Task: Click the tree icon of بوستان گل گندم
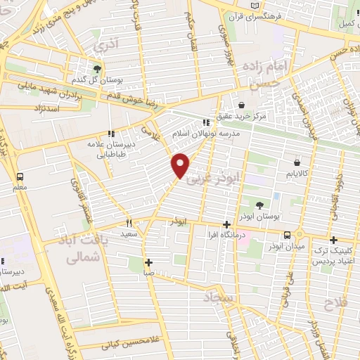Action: [96, 69]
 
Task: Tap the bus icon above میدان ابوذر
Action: [287, 235]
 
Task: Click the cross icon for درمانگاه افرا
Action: [226, 226]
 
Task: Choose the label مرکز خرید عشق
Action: [243, 115]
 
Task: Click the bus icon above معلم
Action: [19, 177]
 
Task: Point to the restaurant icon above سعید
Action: [129, 222]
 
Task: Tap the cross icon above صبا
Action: [148, 263]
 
